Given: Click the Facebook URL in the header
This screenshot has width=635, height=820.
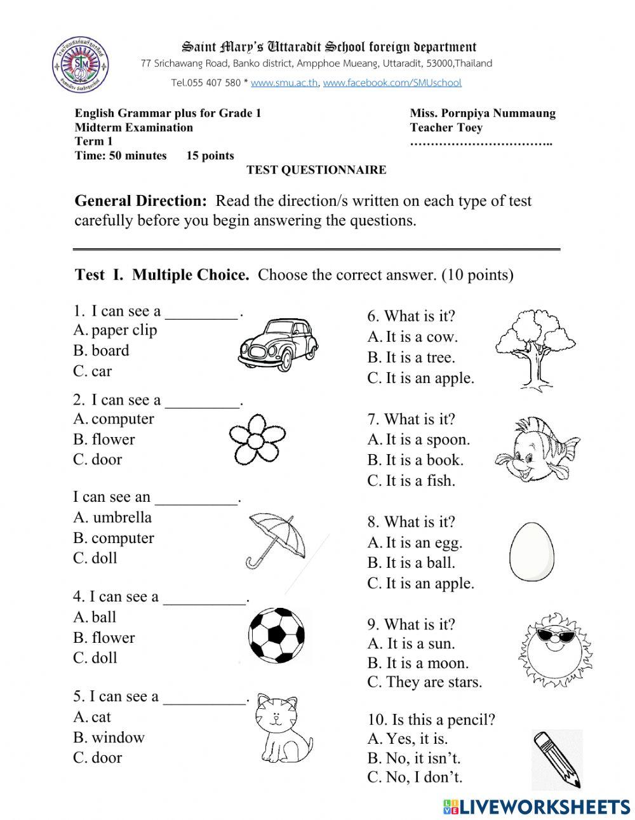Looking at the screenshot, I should (x=392, y=83).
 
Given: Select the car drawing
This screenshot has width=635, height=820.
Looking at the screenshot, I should (x=278, y=346).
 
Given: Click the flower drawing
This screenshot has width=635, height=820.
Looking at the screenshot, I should (x=255, y=439).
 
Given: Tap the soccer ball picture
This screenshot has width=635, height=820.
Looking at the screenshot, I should (x=276, y=635).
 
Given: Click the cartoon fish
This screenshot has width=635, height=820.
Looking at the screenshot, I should (x=535, y=449).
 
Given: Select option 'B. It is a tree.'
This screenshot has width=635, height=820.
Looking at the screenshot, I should (x=411, y=357).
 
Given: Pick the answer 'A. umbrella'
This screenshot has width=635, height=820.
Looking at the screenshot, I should (x=112, y=517).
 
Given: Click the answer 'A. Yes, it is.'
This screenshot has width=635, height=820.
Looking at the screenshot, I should (x=407, y=738).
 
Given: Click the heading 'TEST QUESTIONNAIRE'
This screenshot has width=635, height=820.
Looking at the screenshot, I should (x=316, y=170).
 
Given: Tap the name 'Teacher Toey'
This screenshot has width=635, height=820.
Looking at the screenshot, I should (x=446, y=127).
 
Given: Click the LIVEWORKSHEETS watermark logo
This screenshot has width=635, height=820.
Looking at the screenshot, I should (x=536, y=807).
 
